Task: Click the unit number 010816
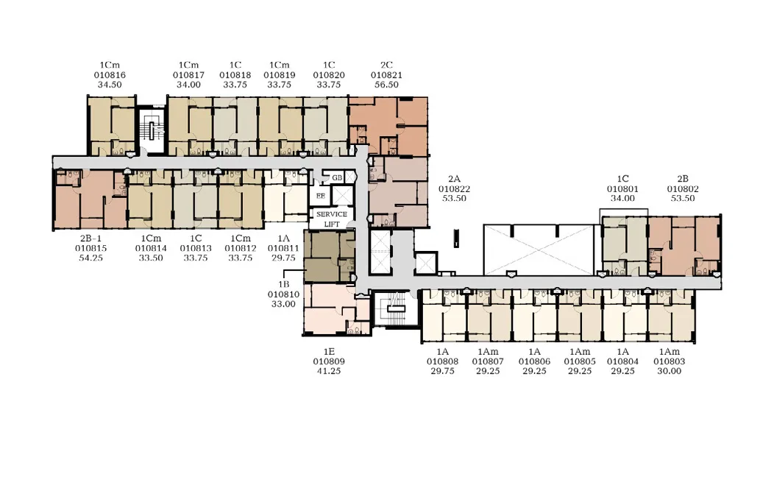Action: click(x=110, y=75)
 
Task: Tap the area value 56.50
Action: click(x=386, y=85)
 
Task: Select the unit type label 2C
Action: click(x=386, y=66)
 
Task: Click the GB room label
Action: click(x=337, y=178)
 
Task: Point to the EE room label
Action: click(x=321, y=196)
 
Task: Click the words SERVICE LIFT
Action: click(x=332, y=219)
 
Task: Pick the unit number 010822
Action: click(x=454, y=189)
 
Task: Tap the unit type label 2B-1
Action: click(x=90, y=238)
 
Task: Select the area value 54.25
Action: click(x=90, y=258)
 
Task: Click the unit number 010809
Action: click(x=329, y=361)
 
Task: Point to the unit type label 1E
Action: click(x=329, y=352)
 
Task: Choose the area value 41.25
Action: click(x=329, y=371)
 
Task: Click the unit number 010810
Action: click(x=283, y=294)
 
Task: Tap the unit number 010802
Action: click(x=683, y=189)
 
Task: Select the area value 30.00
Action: click(x=670, y=371)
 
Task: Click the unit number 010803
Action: click(x=670, y=361)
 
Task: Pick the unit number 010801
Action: click(x=622, y=189)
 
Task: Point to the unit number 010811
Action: click(x=283, y=249)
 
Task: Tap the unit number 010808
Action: click(x=442, y=361)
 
